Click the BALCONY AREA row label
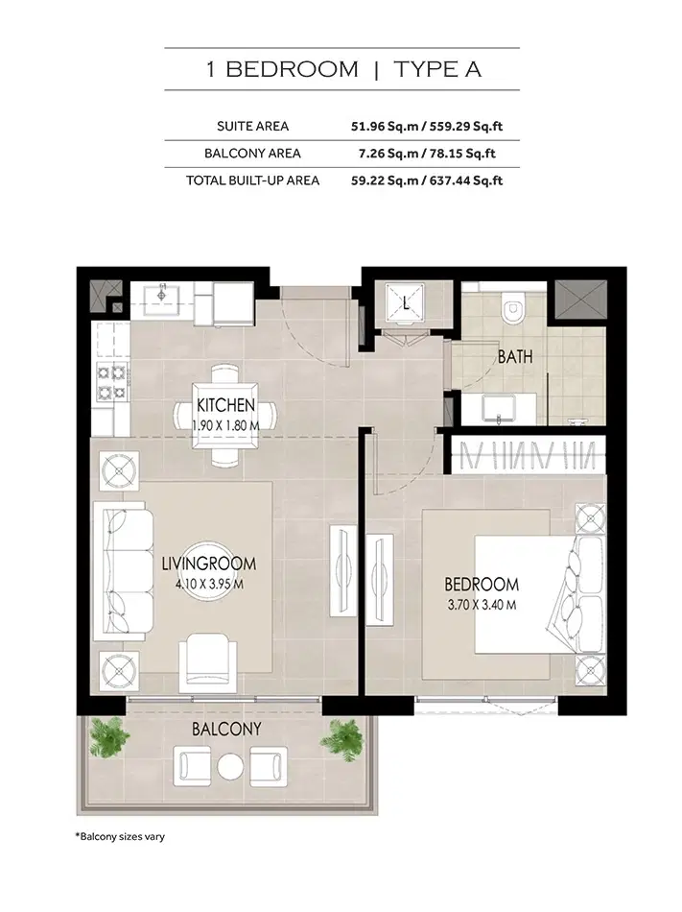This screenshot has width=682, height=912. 252,153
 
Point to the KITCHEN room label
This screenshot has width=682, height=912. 225,405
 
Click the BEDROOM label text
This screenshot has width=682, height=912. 481,585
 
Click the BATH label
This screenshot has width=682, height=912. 515,357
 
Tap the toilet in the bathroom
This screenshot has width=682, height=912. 514,306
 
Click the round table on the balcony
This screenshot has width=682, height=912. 229,766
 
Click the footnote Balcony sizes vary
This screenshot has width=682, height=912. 120,836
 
